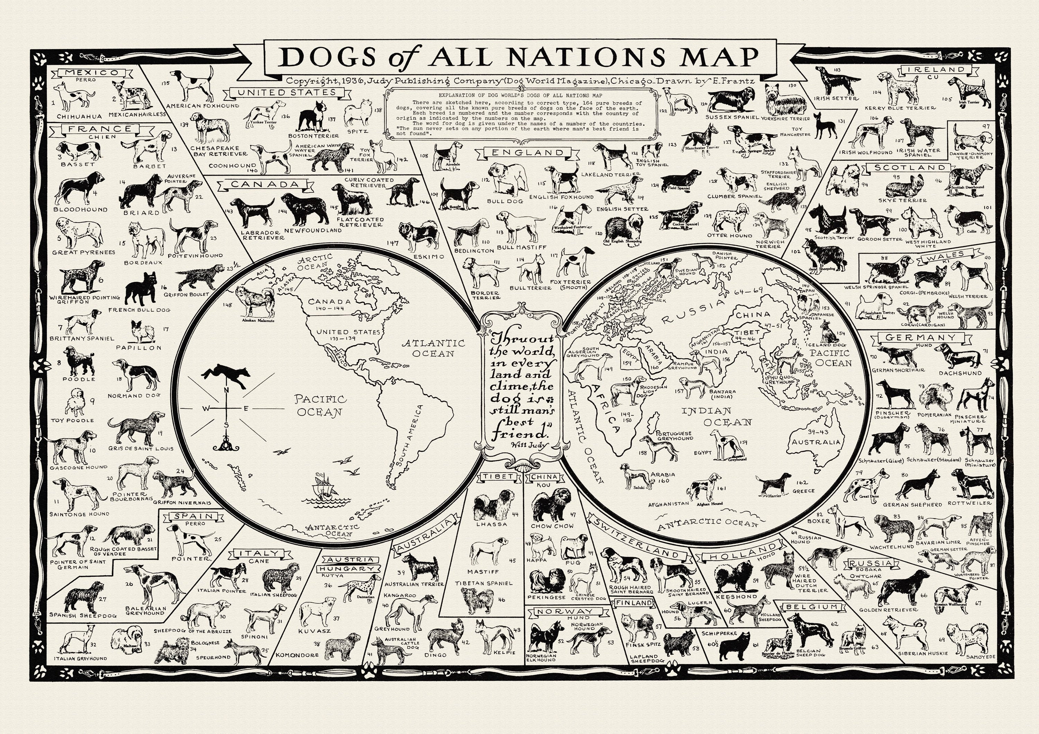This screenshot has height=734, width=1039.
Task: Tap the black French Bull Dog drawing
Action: (141, 288)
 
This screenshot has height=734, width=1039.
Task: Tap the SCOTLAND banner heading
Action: (909, 167)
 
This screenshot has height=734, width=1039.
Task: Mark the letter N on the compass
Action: (227, 391)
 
